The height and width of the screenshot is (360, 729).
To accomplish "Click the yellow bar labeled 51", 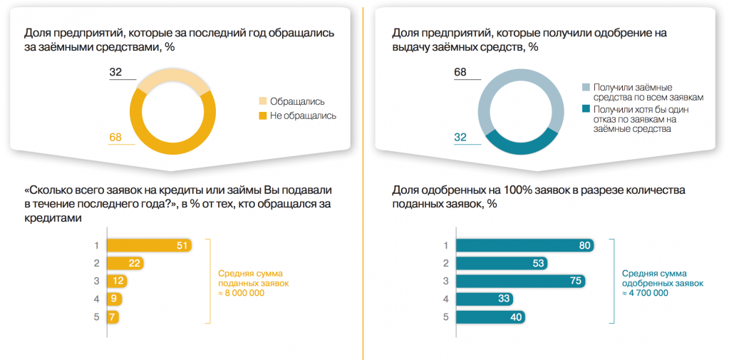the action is [149, 245].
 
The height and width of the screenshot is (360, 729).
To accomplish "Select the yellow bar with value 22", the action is [125, 263].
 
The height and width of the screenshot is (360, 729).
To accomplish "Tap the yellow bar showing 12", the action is [117, 281].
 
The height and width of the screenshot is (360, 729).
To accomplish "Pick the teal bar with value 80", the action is [526, 245].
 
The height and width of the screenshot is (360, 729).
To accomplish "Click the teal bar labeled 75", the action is [521, 281].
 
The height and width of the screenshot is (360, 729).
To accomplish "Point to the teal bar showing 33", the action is [485, 299].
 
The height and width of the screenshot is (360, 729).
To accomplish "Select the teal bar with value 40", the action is [490, 317].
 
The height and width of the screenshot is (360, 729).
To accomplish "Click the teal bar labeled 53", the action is [502, 263].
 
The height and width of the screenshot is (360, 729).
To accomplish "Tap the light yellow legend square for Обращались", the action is [263, 101].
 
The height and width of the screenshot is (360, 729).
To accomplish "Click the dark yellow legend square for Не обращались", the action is [263, 115].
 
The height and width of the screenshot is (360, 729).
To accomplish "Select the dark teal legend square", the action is [586, 109].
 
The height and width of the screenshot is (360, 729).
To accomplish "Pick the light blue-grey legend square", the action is [586, 88].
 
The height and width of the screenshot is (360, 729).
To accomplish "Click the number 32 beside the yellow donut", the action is [115, 72].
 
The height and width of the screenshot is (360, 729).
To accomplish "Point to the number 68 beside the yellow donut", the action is [115, 137].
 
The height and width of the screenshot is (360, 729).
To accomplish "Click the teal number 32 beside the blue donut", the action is [460, 137].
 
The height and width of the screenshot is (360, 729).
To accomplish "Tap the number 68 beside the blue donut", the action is [460, 72].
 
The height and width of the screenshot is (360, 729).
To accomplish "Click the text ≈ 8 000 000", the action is [242, 292].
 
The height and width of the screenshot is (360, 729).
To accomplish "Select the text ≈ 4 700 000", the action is [646, 292].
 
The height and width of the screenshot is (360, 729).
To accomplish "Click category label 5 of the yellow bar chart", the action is [97, 317].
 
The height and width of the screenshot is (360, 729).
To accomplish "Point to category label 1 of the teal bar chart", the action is [445, 245].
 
